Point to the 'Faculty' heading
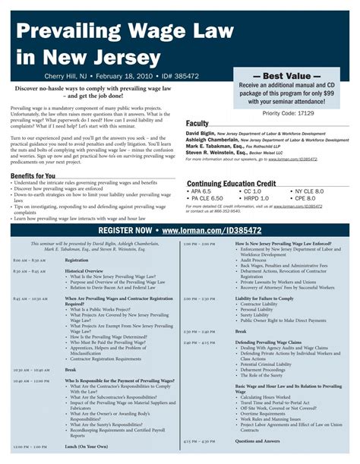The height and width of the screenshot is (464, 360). tap(197, 123)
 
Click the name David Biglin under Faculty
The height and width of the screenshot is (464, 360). tap(201, 133)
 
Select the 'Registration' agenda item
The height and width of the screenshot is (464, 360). tap(77, 260)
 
